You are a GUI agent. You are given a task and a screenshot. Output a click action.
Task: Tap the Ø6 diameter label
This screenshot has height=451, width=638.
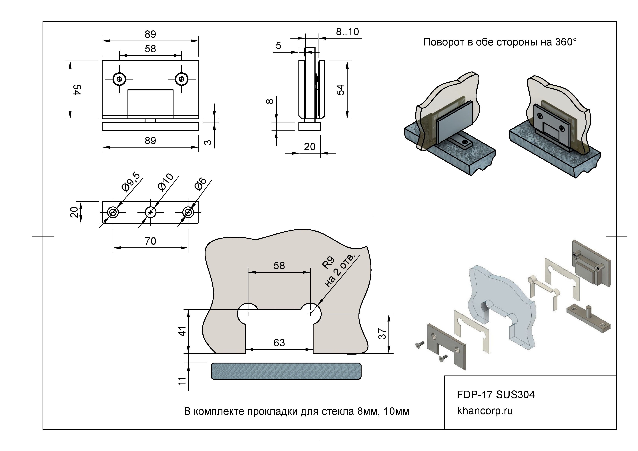tap(200, 184)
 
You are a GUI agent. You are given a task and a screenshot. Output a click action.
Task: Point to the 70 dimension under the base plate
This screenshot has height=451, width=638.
tap(150, 241)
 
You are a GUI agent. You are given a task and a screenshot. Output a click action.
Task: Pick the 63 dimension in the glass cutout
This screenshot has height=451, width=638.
tap(279, 343)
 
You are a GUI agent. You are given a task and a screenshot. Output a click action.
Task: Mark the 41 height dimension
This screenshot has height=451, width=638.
tap(182, 331)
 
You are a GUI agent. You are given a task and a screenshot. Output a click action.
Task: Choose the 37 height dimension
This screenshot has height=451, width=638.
tap(383, 334)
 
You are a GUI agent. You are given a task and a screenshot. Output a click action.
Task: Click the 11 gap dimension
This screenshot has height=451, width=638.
tap(182, 381)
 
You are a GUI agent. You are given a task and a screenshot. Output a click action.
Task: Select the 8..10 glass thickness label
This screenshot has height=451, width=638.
tap(347, 32)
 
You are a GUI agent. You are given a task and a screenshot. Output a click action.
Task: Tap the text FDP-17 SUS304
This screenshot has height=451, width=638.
tap(495, 395)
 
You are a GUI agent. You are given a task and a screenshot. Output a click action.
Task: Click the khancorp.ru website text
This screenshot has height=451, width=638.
tap(485, 411)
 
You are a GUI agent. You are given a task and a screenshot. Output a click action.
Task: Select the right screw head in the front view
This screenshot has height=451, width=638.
tap(182, 79)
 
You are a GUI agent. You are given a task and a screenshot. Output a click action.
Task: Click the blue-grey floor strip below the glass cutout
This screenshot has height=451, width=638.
tap(286, 371)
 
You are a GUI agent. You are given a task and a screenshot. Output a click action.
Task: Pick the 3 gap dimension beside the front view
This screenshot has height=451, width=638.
tap(208, 142)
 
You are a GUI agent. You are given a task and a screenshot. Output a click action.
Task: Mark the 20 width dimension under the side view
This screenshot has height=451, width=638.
tap(310, 146)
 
